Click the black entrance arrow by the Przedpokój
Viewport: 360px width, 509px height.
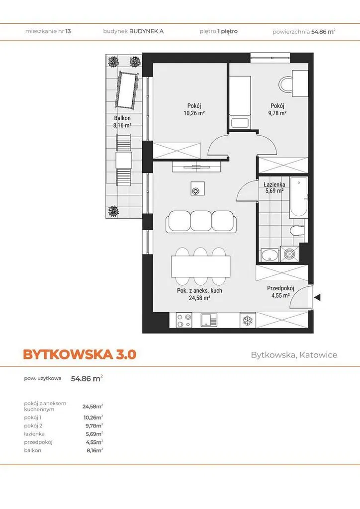[317, 297]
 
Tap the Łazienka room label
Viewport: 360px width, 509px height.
[274, 185]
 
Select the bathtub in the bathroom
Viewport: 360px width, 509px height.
[298, 198]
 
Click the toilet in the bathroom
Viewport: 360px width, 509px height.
[297, 231]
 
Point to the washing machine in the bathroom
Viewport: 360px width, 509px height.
[288, 254]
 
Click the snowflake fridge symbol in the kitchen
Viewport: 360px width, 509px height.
[248, 321]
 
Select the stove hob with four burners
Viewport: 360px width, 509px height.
[184, 320]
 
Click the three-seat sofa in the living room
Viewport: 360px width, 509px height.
[201, 221]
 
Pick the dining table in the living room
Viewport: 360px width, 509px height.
[201, 266]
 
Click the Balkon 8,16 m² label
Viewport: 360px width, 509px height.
[122, 122]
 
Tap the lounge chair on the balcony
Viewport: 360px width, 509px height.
[126, 90]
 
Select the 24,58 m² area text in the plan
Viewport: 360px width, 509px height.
[199, 298]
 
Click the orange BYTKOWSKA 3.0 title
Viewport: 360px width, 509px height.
[80, 354]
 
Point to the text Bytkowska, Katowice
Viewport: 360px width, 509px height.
[294, 355]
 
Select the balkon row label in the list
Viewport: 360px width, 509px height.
[32, 450]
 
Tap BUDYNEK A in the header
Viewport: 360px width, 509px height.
[146, 31]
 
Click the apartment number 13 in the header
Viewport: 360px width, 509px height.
[68, 31]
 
